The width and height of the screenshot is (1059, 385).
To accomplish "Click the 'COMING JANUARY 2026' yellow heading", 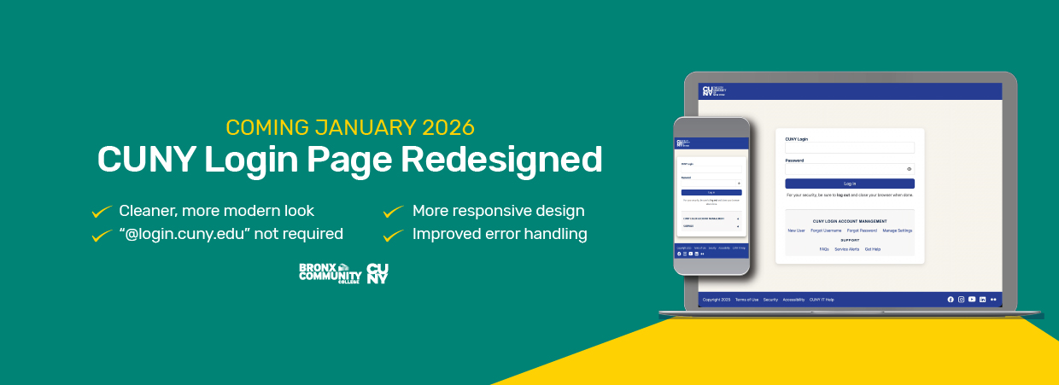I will [349, 128].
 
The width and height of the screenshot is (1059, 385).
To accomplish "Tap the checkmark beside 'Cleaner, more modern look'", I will [102, 211].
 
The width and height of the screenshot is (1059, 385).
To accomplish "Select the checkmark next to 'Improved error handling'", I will [393, 234].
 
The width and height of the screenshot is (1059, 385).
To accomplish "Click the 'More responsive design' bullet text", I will [498, 211].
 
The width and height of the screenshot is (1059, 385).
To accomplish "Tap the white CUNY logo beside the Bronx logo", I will [377, 272].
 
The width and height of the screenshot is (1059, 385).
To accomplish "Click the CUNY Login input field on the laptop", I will [849, 148].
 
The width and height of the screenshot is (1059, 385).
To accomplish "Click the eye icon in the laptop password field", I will [909, 169].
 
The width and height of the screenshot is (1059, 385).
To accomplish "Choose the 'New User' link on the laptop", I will [796, 230].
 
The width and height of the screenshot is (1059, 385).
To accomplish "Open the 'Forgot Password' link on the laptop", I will [862, 230].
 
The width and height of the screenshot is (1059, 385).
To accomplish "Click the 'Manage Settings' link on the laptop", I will [897, 230].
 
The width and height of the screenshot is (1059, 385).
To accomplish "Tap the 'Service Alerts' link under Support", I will [846, 249].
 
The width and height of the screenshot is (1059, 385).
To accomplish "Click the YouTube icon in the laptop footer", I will [972, 300].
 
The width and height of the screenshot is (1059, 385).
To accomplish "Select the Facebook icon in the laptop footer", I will [951, 300].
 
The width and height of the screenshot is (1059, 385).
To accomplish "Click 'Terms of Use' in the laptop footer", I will [746, 300].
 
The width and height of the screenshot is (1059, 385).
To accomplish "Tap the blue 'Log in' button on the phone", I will [711, 192].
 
